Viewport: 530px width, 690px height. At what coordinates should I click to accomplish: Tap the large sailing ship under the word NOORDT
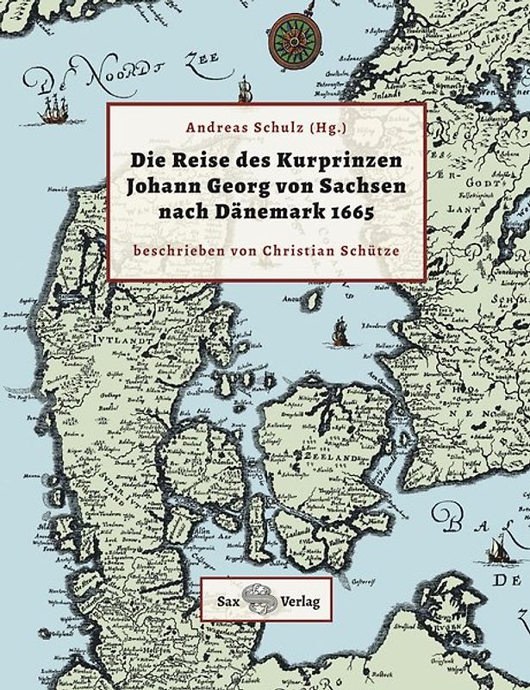(53, 107)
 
